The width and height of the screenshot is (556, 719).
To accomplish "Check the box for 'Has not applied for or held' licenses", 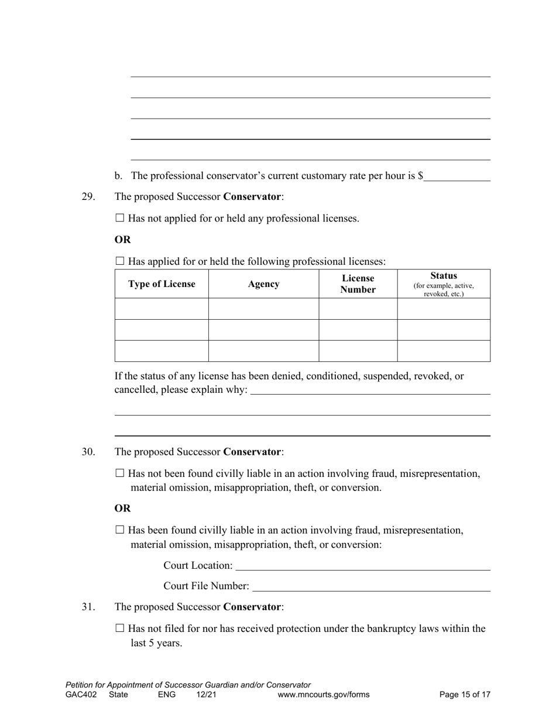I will point(120,218).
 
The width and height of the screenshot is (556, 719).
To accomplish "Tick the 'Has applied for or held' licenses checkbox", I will point(120,261).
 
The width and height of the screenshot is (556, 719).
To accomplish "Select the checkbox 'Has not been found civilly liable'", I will point(120,473).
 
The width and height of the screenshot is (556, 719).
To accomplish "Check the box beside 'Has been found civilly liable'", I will point(120,530).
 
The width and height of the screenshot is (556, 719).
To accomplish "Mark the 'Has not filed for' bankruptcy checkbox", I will point(120,628).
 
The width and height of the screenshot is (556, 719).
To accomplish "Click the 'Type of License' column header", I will point(162,284).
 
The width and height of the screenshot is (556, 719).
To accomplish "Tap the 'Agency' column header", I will point(263,284).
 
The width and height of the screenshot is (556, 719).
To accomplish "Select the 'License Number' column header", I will point(358,284).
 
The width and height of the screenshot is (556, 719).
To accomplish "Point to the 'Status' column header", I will point(444,276).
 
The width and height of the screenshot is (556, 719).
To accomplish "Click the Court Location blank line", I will point(362,566).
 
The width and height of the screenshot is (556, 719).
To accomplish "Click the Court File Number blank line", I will point(371,586).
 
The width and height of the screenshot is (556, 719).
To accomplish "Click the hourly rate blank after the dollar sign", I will point(457,177).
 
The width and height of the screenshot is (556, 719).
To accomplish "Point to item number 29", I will point(88,197).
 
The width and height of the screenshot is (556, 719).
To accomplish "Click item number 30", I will point(88,452).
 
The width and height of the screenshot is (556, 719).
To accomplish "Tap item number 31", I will point(88,607).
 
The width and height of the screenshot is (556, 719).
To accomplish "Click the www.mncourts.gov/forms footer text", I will point(324,695).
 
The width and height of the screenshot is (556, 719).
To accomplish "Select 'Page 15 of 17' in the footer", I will point(465,695).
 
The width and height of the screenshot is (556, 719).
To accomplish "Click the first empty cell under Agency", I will point(263,309).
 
